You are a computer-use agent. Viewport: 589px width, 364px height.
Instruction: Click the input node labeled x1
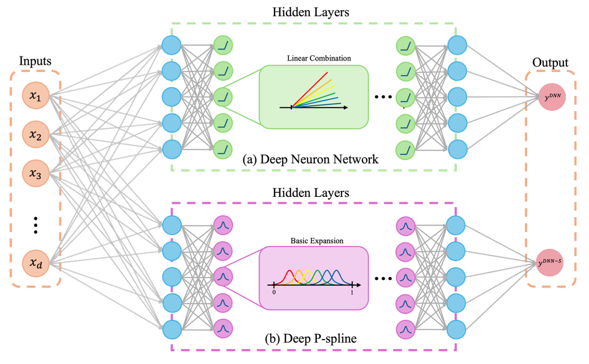(36, 96)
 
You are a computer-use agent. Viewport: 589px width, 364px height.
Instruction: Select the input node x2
(36, 135)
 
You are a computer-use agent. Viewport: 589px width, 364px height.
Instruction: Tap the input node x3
(36, 173)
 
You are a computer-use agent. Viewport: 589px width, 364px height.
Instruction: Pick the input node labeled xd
(36, 263)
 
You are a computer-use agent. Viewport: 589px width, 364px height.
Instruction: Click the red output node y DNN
(552, 97)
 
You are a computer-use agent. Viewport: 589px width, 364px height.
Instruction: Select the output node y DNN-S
(550, 262)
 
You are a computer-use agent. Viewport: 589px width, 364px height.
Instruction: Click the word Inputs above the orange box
(35, 61)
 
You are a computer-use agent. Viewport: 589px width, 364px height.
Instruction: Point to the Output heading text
(550, 62)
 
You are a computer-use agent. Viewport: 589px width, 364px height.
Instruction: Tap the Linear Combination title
(319, 58)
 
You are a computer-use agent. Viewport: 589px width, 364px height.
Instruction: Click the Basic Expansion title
(317, 241)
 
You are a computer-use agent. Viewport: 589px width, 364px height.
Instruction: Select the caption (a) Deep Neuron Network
(310, 159)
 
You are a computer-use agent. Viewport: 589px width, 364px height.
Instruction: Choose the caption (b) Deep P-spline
(311, 339)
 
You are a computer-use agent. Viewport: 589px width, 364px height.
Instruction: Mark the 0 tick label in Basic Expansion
(274, 292)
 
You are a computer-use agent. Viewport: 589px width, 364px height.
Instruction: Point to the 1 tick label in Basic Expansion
(352, 292)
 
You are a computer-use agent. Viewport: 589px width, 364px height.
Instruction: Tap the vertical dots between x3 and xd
(36, 225)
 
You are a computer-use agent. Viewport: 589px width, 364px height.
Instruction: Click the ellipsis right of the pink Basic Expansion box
(383, 279)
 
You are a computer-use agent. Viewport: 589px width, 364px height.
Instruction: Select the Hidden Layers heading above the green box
(311, 12)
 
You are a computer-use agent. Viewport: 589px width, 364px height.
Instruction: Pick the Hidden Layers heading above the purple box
(311, 193)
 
